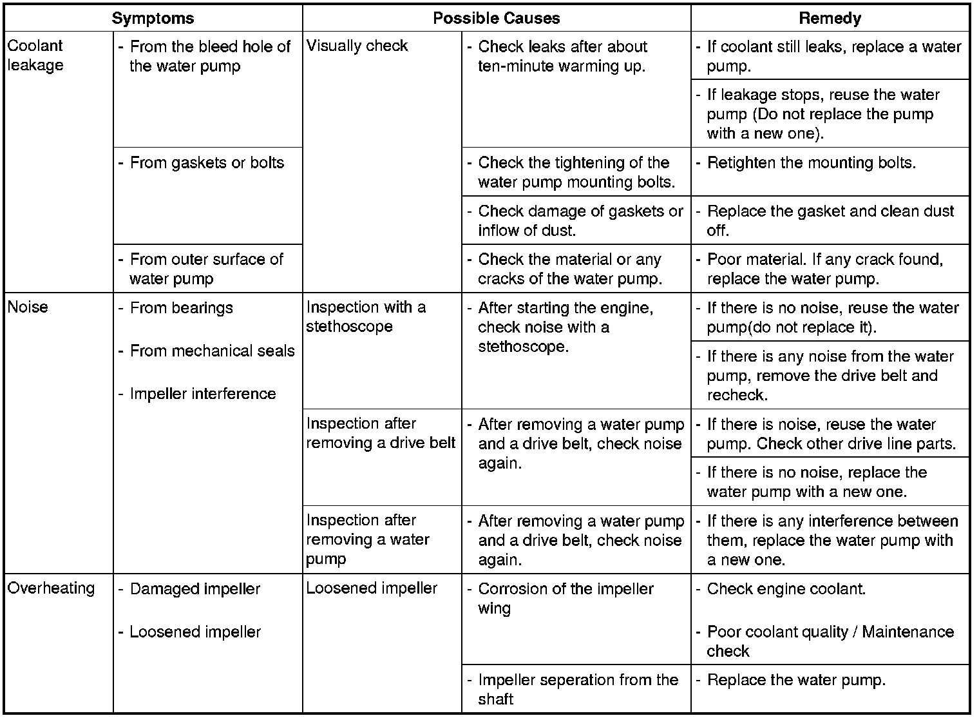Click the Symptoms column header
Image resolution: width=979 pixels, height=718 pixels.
(x=153, y=18)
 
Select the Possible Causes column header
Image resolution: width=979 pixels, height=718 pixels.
(x=496, y=18)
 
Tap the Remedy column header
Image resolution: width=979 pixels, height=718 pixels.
(x=830, y=18)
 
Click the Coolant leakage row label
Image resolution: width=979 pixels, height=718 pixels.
(x=35, y=55)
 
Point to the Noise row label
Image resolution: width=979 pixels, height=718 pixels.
(x=28, y=307)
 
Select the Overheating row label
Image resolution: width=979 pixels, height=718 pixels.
(x=51, y=588)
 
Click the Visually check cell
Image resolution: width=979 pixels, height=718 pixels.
(x=357, y=46)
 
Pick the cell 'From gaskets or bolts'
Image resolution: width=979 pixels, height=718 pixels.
(x=207, y=162)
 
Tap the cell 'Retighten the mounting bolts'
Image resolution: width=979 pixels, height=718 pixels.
(x=811, y=162)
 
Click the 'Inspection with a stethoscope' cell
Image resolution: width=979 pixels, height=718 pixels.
(x=366, y=316)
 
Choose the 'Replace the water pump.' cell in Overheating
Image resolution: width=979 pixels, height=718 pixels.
(x=796, y=679)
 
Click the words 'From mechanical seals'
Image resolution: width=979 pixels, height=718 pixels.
(x=212, y=351)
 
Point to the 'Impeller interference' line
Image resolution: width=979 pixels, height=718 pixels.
(x=202, y=394)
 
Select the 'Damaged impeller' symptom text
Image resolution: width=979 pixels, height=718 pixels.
(x=195, y=588)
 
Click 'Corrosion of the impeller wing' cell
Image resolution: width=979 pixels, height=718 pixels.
(x=565, y=598)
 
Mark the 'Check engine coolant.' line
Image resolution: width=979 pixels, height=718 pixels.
(x=786, y=588)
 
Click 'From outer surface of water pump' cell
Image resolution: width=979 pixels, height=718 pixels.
(x=205, y=269)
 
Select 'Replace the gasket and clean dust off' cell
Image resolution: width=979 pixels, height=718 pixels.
(x=830, y=220)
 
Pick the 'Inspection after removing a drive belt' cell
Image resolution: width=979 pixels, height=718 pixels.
(x=381, y=433)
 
